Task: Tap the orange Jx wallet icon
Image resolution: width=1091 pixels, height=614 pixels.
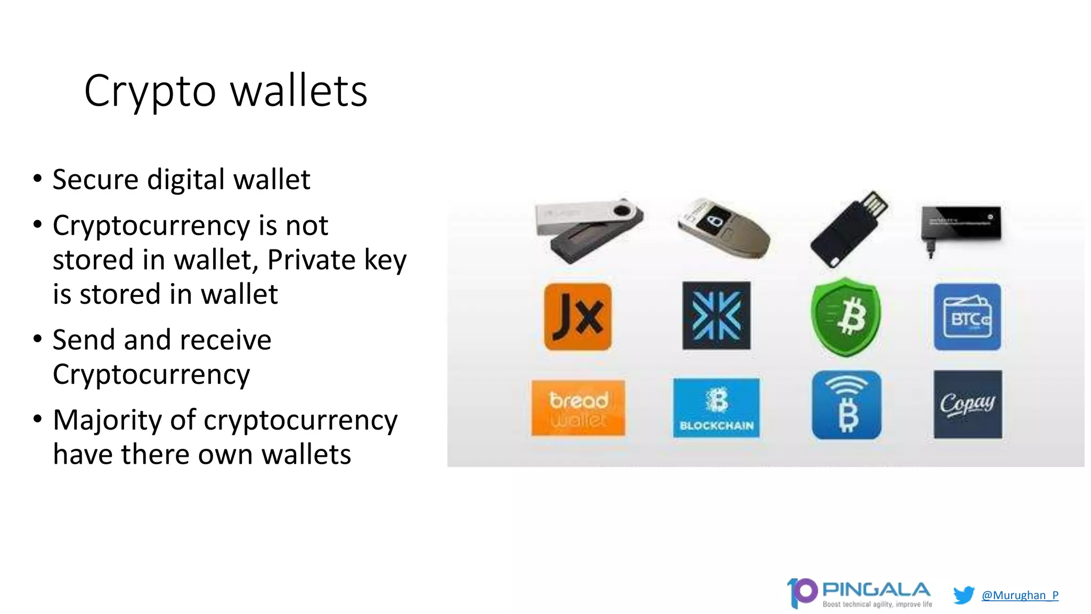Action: point(578,317)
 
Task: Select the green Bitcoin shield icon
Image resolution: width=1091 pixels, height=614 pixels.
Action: point(846,317)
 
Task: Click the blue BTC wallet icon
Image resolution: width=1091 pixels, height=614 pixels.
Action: point(967,317)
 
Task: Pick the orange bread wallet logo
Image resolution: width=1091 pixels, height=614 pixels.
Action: point(578,408)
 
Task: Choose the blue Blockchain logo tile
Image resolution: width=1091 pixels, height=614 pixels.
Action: point(716,408)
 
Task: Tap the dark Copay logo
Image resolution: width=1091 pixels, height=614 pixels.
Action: point(967,405)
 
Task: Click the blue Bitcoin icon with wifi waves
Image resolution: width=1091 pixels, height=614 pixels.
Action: point(846,405)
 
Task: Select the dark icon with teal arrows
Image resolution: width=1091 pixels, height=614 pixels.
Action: point(716,316)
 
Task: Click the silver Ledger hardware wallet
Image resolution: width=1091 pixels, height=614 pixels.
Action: point(589,229)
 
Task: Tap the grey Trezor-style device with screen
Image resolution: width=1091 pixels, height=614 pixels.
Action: point(723,228)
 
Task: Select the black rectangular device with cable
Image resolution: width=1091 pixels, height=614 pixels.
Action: point(961,224)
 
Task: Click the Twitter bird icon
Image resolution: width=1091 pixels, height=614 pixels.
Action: point(964,595)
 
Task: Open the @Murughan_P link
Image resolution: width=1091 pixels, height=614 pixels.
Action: point(1020,595)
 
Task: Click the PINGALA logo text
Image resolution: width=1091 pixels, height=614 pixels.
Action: point(876,590)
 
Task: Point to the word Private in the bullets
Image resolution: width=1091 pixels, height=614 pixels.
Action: point(311,260)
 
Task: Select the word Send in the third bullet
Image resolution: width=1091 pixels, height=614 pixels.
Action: point(85,340)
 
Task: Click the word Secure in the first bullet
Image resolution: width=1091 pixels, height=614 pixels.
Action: point(95,180)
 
